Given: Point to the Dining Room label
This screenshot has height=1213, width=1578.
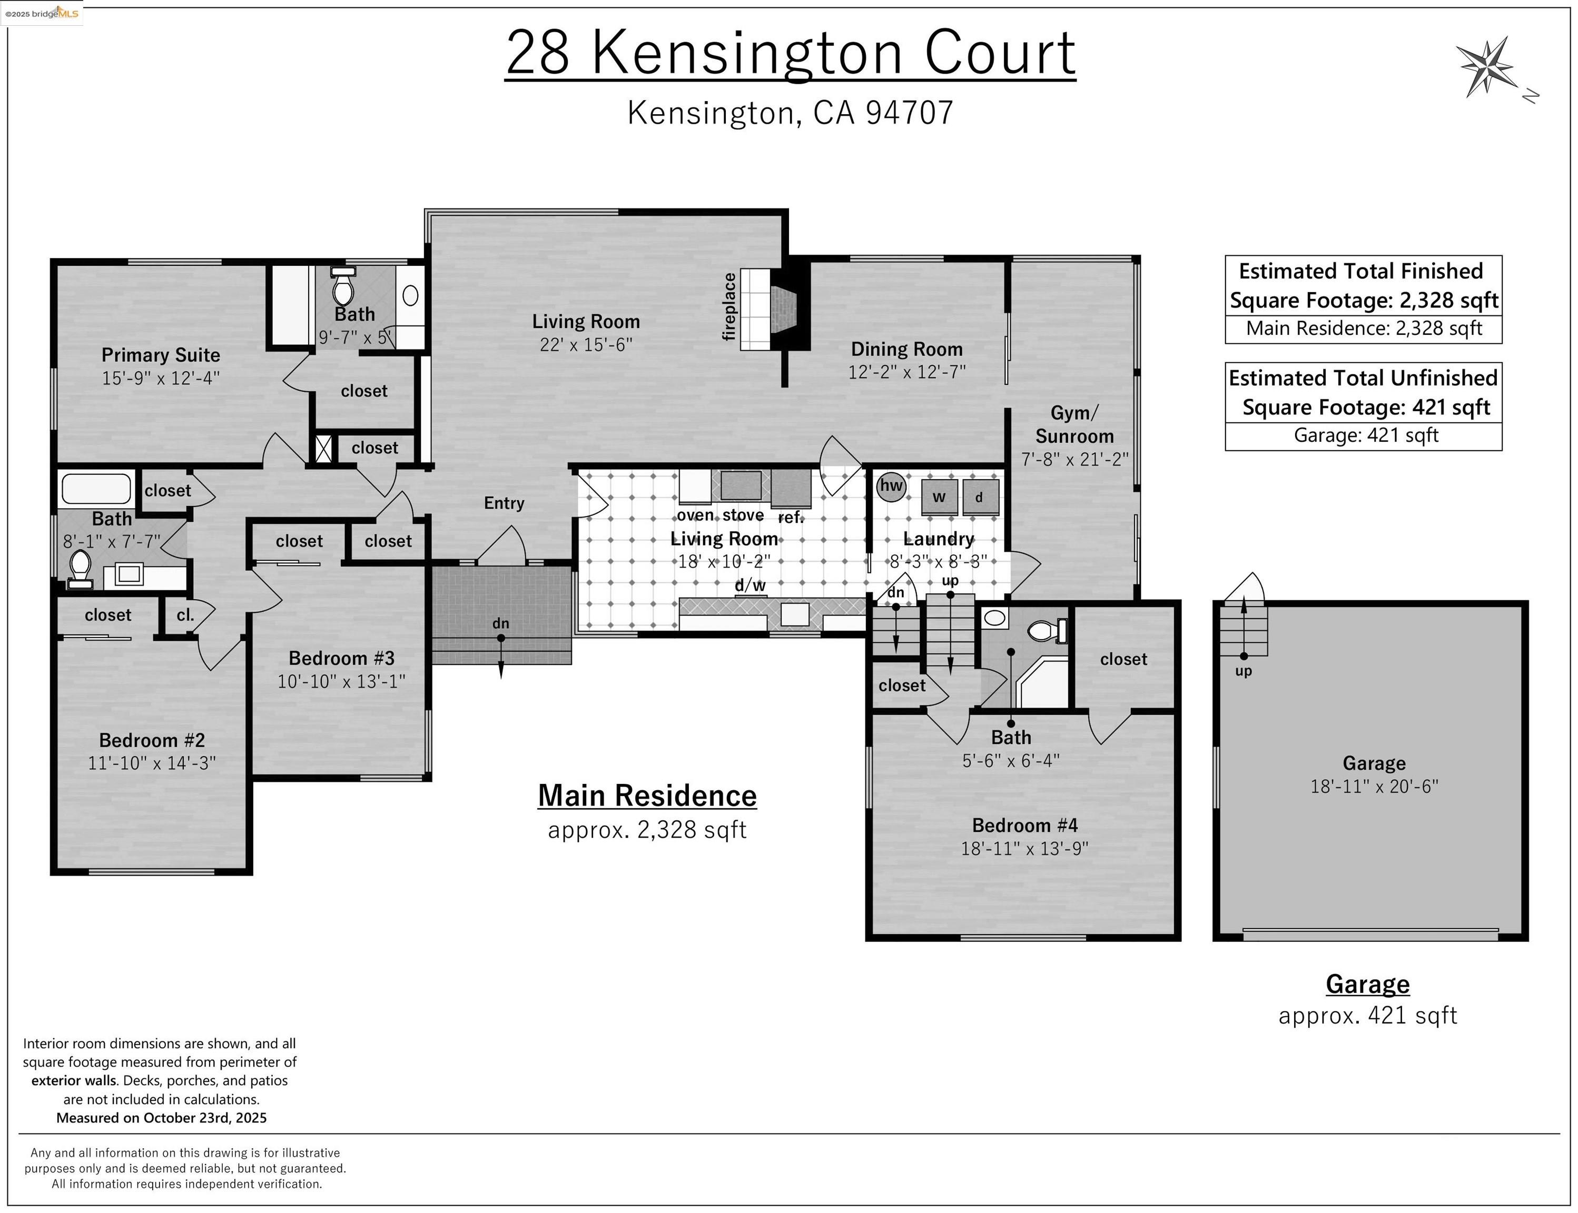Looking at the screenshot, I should pos(906,350).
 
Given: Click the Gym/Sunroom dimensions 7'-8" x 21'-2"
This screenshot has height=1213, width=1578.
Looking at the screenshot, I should pos(1074,459).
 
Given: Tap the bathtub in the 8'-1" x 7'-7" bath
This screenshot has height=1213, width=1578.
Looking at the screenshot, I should pos(95,489).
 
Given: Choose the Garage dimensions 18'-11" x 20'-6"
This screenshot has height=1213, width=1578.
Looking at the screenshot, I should pos(1374,786).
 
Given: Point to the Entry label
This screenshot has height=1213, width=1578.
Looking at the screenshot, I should pos(504,503).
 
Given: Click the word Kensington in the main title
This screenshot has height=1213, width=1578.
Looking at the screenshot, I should pos(747,53).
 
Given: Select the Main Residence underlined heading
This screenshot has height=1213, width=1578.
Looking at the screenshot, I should pos(647,796).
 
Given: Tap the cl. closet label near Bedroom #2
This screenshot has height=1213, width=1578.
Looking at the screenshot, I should pos(185,615).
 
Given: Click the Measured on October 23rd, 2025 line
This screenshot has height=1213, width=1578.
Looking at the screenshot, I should pos(161,1118).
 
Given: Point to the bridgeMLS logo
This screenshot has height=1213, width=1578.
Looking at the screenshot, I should pos(42,13).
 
